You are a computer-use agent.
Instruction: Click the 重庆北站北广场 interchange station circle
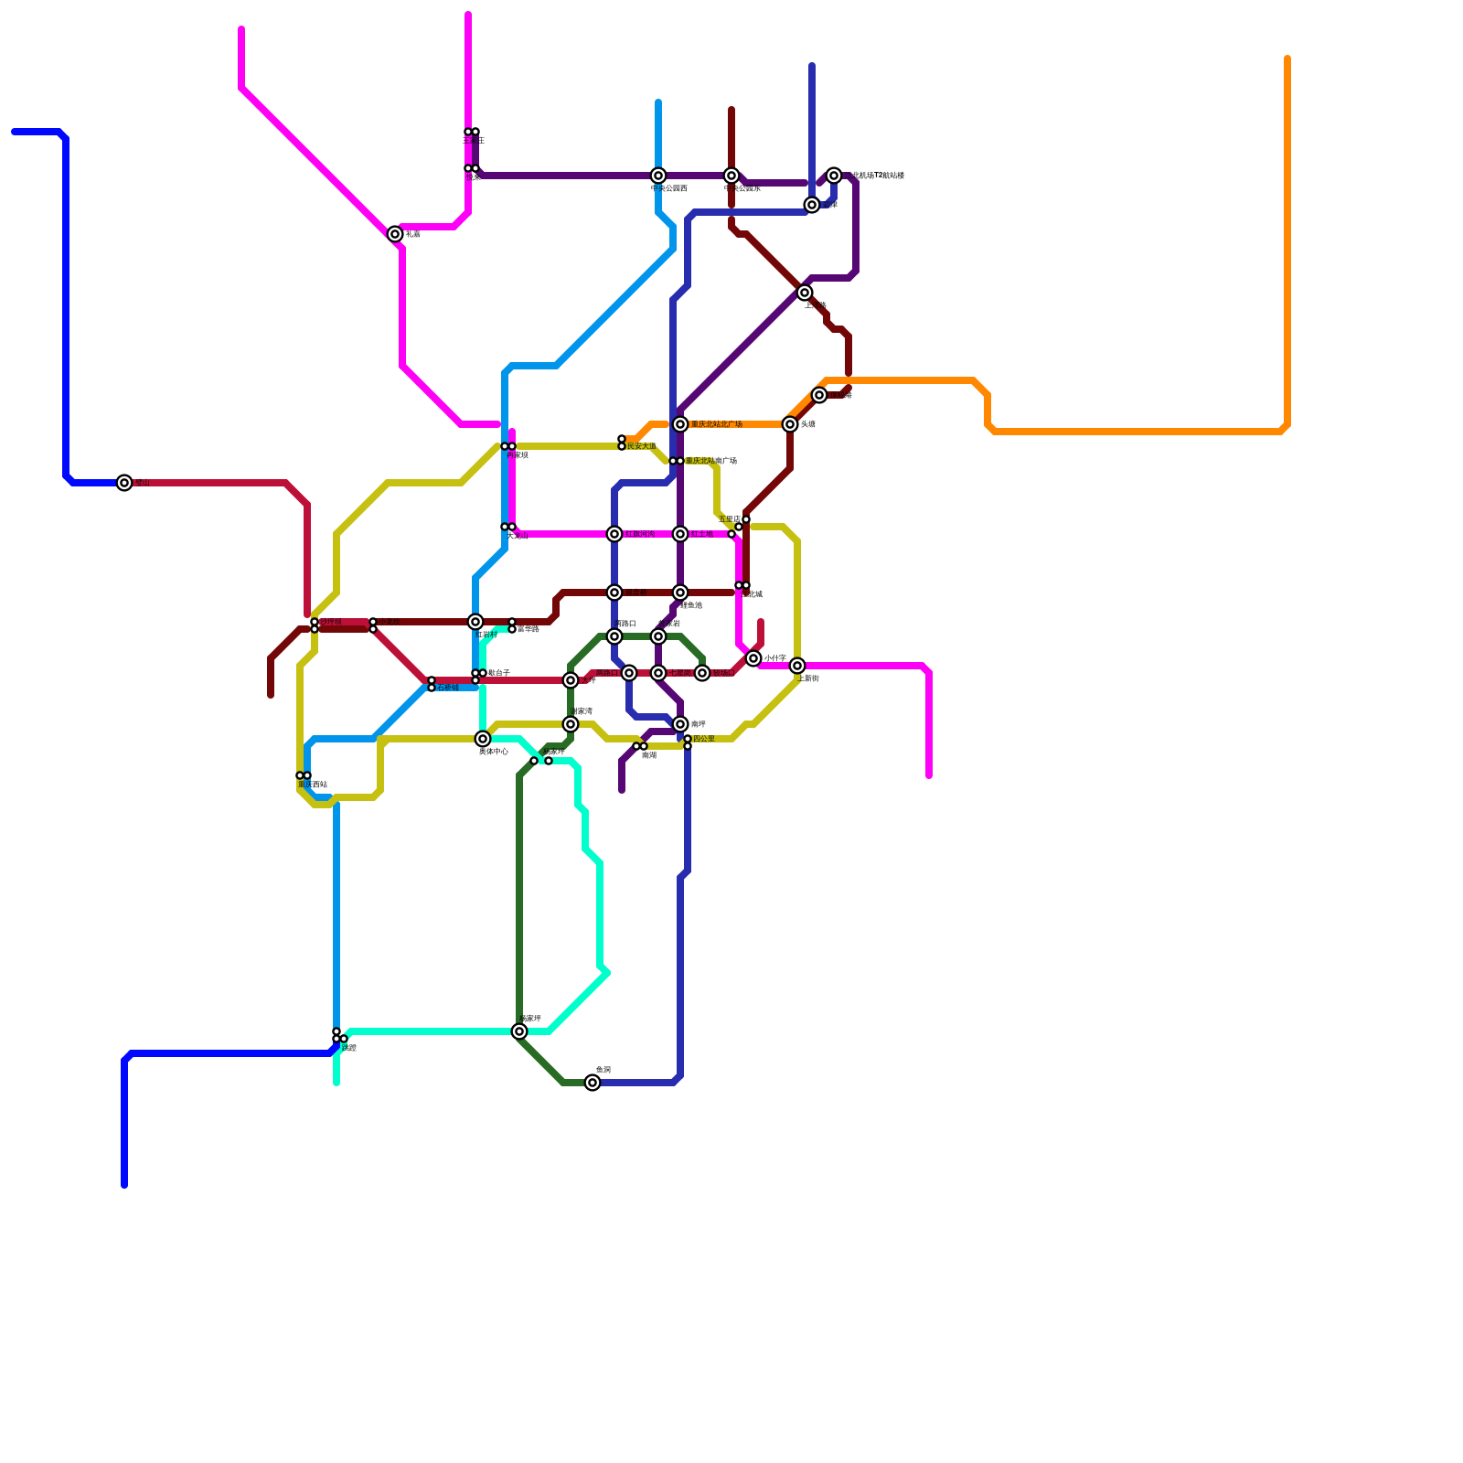click(680, 424)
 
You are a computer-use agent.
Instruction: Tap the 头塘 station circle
click(790, 424)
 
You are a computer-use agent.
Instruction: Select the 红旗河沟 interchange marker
click(614, 534)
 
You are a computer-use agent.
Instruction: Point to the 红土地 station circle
click(680, 534)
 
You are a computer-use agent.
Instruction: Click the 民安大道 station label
click(642, 446)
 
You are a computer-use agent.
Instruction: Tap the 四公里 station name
click(703, 739)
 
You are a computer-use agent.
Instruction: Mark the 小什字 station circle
click(753, 658)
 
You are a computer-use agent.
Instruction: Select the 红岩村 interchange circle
click(475, 622)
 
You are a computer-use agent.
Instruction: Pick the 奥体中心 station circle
click(483, 739)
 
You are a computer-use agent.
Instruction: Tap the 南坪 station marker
click(680, 724)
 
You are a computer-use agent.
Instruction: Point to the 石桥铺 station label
click(448, 688)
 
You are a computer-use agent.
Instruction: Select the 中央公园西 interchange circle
click(658, 176)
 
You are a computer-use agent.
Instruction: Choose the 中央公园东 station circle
click(731, 176)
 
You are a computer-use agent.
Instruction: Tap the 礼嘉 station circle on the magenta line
click(395, 234)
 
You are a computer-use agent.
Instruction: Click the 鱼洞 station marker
click(593, 1083)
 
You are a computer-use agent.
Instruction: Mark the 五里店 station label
click(729, 519)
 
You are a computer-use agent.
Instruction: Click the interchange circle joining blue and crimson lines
click(124, 483)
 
